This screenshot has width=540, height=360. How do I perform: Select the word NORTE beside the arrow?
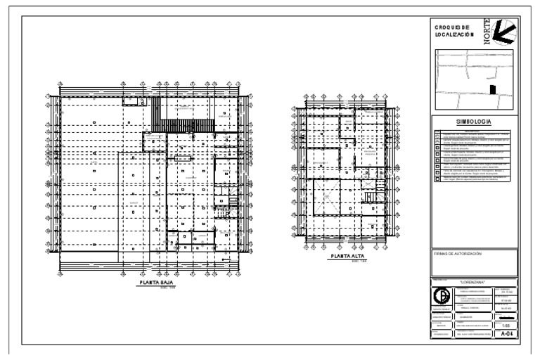tap(487, 34)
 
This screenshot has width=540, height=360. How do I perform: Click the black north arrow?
tap(504, 30)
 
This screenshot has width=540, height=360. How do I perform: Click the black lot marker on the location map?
tap(493, 89)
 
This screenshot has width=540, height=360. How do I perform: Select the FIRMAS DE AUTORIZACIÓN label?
tap(458, 253)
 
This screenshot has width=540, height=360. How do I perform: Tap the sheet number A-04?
tap(506, 335)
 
